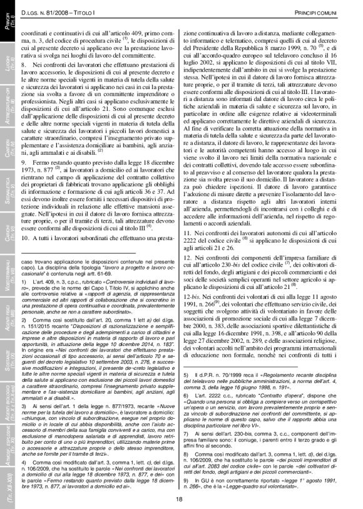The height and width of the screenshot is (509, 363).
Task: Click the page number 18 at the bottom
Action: [178, 498]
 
